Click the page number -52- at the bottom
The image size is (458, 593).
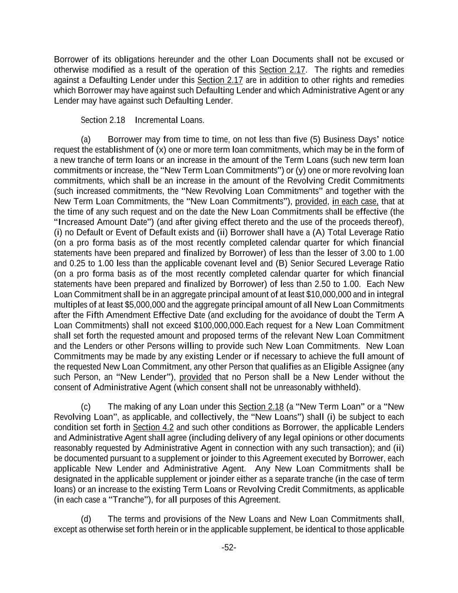[x=229, y=547]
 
